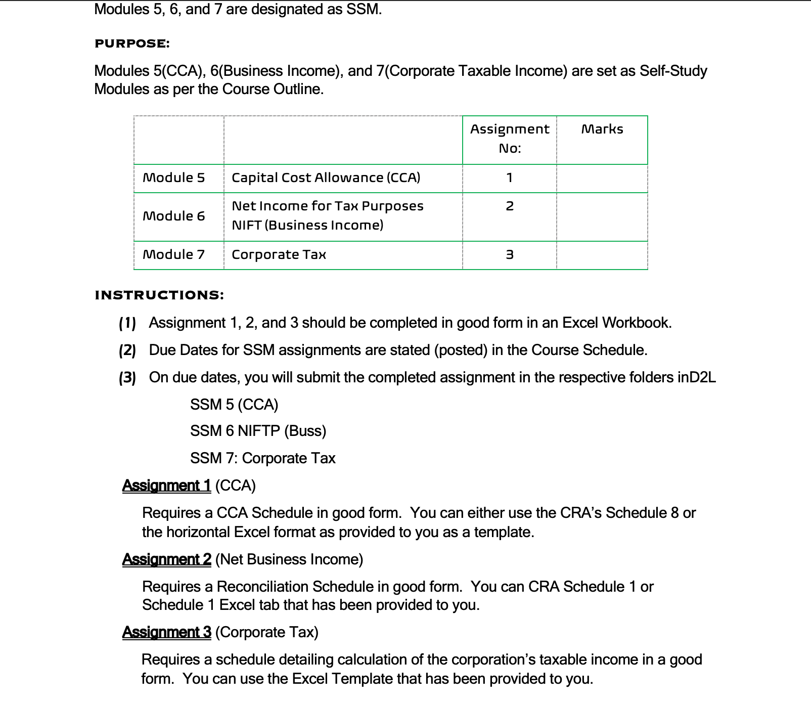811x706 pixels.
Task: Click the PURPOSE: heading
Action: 132,43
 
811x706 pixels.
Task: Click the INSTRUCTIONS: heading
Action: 159,295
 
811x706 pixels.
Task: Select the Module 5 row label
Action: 174,178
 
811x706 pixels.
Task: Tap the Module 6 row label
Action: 174,216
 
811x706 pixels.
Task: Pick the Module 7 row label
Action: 174,255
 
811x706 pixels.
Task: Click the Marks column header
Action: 602,129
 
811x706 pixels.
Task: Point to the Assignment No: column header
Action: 509,139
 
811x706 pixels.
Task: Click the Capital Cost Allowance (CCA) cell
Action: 326,178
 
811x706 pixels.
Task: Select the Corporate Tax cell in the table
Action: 279,255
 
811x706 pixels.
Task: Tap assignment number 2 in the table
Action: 509,206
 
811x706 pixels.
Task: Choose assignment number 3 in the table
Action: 509,255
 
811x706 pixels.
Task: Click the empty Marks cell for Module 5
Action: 602,178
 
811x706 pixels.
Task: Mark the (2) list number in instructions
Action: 127,350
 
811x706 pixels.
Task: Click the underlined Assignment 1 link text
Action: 166,486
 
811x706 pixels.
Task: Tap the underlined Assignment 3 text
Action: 166,632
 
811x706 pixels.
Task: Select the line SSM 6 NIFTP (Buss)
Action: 258,431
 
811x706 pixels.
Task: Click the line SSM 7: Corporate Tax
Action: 262,458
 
